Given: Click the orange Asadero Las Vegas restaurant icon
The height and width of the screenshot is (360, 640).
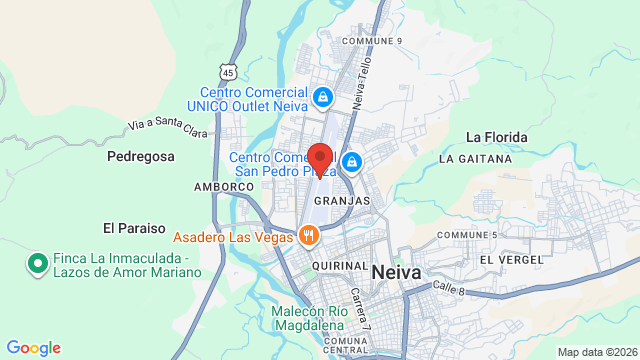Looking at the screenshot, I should (x=309, y=236).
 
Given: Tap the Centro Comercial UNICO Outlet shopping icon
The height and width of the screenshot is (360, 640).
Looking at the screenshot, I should (x=322, y=97).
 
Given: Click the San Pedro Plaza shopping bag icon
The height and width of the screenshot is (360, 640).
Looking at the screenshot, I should (x=351, y=160).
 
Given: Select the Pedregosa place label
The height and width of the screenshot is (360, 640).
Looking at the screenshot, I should (x=141, y=156).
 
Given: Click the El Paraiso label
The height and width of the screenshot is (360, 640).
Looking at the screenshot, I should (x=134, y=227).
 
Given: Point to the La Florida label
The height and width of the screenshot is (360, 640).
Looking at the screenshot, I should (x=497, y=136).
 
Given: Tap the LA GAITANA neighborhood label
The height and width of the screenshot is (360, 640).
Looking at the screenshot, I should (x=474, y=158).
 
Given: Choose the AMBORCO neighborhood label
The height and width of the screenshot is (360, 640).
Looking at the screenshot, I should (x=224, y=187).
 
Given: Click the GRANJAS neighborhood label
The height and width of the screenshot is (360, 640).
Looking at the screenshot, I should (x=342, y=201).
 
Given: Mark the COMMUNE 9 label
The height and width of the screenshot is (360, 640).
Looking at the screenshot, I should (x=371, y=41).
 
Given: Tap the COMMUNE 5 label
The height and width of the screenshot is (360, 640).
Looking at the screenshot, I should (x=467, y=235).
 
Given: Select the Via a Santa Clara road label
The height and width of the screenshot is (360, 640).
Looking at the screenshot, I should (x=167, y=126).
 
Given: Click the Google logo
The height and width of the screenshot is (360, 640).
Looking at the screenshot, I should (x=34, y=347).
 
